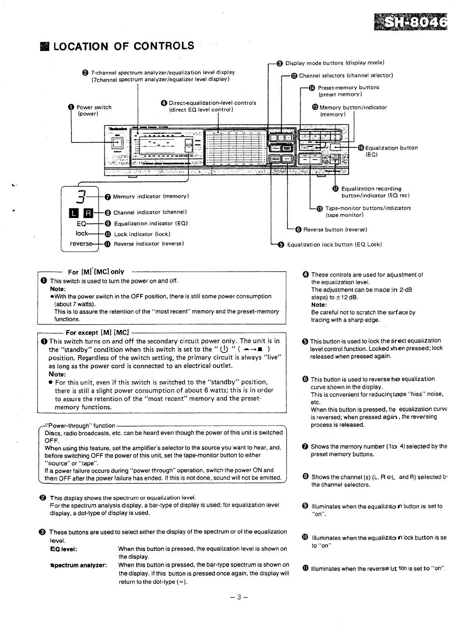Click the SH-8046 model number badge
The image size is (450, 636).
click(x=410, y=23)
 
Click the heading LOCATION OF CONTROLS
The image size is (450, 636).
click(x=123, y=46)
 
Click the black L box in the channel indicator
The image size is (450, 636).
click(x=73, y=213)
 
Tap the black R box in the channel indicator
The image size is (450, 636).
click(x=88, y=213)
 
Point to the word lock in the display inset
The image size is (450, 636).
click(x=82, y=234)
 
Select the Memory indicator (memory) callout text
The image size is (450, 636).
click(x=151, y=197)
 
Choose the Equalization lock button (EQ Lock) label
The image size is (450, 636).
click(x=334, y=244)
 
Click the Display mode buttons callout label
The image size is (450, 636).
click(x=335, y=63)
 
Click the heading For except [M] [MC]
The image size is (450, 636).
click(x=97, y=333)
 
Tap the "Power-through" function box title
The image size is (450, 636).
click(x=80, y=426)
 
